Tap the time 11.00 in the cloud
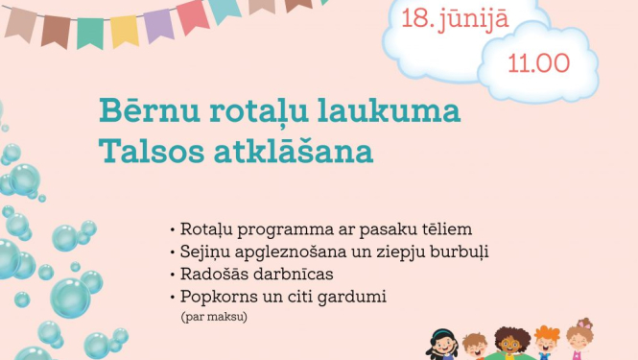click(x=538, y=64)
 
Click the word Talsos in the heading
click(x=143, y=153)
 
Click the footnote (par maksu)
click(x=213, y=314)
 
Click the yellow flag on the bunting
click(x=124, y=30)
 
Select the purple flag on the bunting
click(x=158, y=25)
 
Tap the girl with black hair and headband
click(x=442, y=343)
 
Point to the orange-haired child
click(x=547, y=343)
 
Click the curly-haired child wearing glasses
click(x=511, y=343)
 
